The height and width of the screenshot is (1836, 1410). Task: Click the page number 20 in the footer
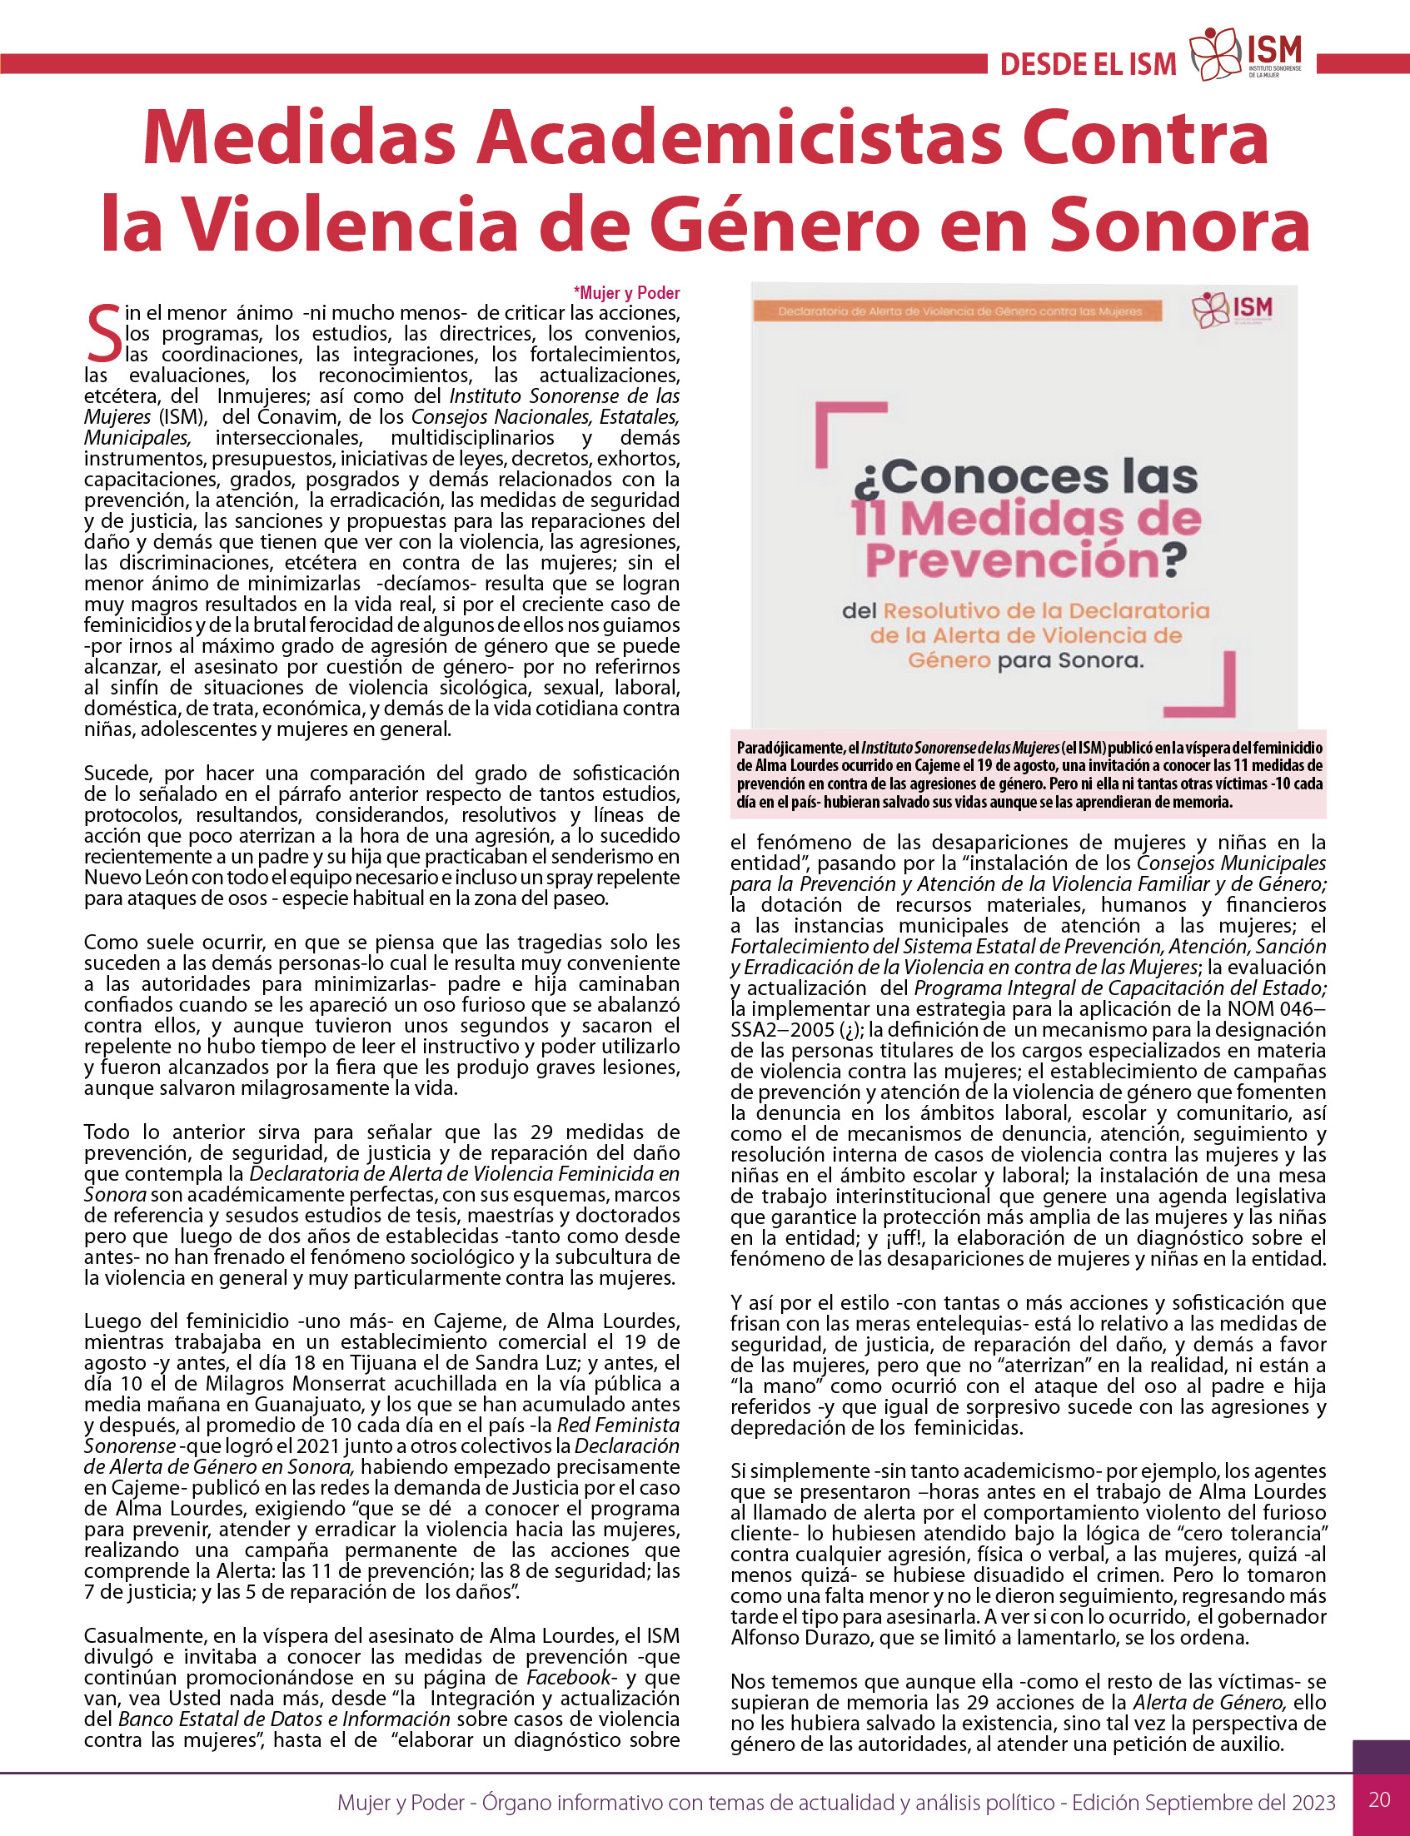coord(1379,1799)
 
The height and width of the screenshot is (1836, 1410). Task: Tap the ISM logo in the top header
coord(1245,56)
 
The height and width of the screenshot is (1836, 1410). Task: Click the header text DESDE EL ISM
coord(1089,65)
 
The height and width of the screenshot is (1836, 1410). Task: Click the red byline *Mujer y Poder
coord(626,293)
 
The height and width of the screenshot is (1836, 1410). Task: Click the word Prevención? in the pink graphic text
coord(1024,560)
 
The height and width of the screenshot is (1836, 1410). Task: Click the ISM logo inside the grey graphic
coord(1232,311)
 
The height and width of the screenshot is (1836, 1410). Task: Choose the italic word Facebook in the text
coord(567,1677)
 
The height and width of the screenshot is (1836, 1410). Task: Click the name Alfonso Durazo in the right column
coord(793,1637)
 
